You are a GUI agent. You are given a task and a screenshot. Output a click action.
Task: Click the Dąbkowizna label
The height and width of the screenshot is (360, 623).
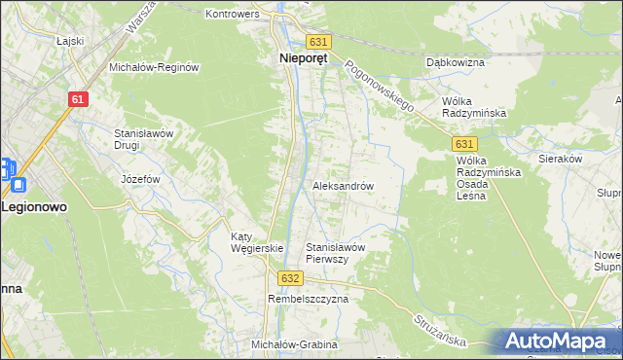pyautogui.click(x=456, y=62)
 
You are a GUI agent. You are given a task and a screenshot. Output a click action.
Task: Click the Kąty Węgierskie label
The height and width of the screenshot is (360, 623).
pyautogui.click(x=256, y=242)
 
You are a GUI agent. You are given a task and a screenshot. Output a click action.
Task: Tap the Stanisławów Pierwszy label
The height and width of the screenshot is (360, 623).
pyautogui.click(x=335, y=253)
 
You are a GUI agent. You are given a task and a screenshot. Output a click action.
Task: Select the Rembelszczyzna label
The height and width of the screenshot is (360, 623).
pyautogui.click(x=308, y=300)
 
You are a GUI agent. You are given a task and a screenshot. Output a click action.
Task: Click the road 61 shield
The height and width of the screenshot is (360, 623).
pyautogui.click(x=79, y=99)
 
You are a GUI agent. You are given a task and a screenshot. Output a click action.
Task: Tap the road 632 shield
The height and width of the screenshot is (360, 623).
pyautogui.click(x=289, y=278)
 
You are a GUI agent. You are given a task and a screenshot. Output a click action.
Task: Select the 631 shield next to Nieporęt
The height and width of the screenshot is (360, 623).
pyautogui.click(x=319, y=42)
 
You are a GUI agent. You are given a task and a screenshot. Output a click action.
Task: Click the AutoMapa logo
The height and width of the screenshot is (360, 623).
pyautogui.click(x=558, y=341)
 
